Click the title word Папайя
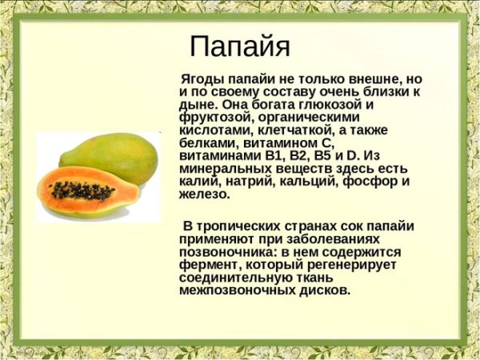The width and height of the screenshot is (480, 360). (241, 46)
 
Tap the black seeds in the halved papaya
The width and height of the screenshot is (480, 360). (82, 190)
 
